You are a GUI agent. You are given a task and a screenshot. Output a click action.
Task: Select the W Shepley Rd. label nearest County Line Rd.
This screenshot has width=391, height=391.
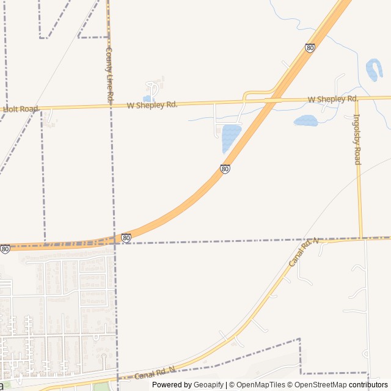(152, 105)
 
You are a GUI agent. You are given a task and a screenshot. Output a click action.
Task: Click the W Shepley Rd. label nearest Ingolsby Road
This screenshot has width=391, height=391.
(333, 99)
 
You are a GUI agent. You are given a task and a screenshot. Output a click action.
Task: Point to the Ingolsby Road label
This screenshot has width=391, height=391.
(357, 139)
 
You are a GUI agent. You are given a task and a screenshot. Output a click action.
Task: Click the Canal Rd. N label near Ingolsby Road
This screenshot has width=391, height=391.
(304, 252)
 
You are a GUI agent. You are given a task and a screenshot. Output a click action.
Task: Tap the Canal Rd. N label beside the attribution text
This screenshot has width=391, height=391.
(155, 373)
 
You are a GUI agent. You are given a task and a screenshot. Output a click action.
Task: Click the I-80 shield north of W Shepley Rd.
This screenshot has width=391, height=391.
(310, 48)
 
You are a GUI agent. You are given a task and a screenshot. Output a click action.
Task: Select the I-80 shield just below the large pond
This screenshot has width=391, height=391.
(225, 169)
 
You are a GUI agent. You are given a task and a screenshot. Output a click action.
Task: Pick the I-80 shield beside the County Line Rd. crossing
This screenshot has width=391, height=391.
(126, 238)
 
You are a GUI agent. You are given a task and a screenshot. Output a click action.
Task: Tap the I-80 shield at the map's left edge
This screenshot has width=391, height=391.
(5, 249)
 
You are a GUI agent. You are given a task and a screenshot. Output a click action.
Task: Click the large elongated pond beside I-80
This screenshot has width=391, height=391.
(230, 137)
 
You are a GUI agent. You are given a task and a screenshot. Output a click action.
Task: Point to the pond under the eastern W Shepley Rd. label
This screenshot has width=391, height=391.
(305, 121)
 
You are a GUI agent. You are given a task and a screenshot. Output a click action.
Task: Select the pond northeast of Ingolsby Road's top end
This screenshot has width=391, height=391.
(374, 70)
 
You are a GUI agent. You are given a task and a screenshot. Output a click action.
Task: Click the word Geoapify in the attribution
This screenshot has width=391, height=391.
(209, 385)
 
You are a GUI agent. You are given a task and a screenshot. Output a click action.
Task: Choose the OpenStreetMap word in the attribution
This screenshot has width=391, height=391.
(321, 385)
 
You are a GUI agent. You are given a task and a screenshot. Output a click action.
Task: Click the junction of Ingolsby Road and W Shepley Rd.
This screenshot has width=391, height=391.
(356, 98)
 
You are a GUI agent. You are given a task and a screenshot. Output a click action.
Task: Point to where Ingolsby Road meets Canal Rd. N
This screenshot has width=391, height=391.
(361, 238)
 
